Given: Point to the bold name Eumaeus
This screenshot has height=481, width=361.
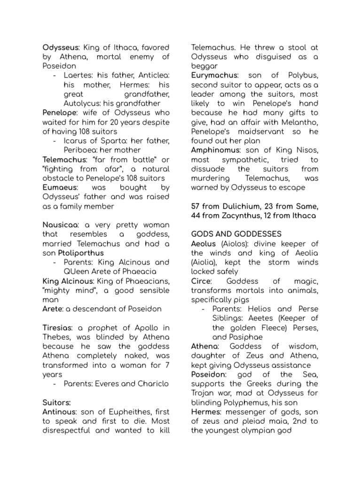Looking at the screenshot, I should pyautogui.click(x=59, y=187).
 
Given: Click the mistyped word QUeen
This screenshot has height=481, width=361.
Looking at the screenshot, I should pyautogui.click(x=75, y=272).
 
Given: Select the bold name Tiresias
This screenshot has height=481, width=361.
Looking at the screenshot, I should pyautogui.click(x=58, y=327).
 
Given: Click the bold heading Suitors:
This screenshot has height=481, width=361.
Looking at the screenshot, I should pyautogui.click(x=56, y=403).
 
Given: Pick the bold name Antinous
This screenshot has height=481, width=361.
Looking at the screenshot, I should pyautogui.click(x=59, y=412).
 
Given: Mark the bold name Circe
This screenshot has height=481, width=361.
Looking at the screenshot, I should pyautogui.click(x=201, y=281).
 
